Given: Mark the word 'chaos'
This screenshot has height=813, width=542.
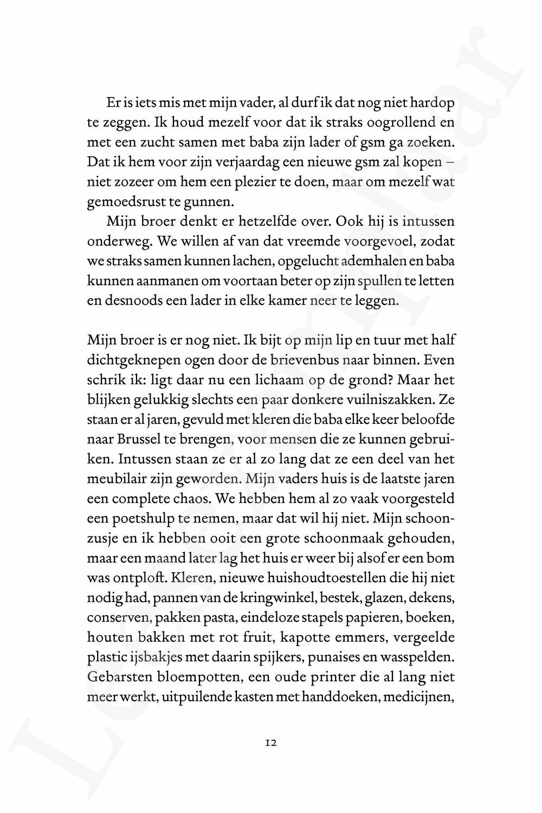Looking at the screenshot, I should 191,499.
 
